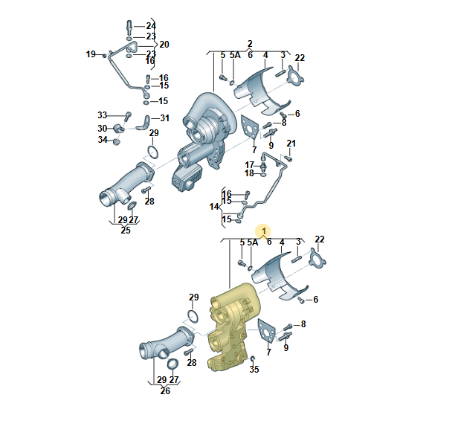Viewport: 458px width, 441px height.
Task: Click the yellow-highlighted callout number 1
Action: (264, 231)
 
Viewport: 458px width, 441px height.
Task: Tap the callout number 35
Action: (254, 370)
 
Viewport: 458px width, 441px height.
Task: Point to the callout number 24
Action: (151, 26)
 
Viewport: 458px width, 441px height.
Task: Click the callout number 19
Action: (91, 54)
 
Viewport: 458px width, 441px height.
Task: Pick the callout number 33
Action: (103, 115)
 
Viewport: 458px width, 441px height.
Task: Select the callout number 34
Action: (103, 140)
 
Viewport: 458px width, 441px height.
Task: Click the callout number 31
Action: (165, 118)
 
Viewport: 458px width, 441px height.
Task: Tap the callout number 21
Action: (291, 144)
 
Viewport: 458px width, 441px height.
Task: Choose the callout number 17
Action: (250, 165)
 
